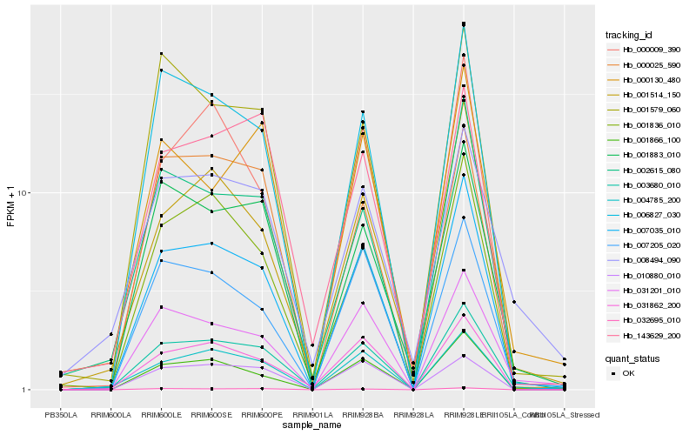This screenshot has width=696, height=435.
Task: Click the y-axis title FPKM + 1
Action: click(x=10, y=206)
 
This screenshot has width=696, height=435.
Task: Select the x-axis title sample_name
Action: click(x=312, y=425)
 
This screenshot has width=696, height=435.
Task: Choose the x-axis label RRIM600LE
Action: click(x=161, y=413)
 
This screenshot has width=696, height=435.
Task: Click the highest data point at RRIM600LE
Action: click(x=161, y=54)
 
